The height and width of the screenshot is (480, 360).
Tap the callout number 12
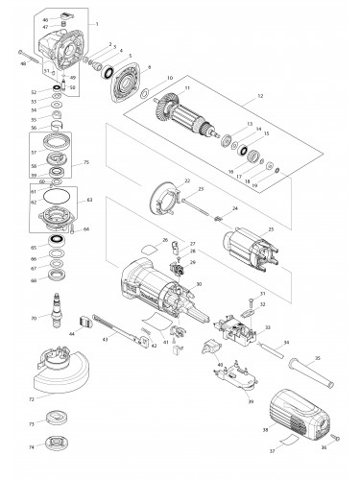click(259, 97)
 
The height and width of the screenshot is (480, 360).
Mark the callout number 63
click(90, 200)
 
